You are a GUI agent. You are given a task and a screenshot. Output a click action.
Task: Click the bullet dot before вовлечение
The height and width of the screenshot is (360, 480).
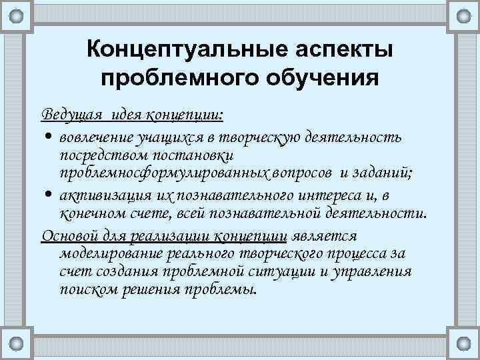(49, 137)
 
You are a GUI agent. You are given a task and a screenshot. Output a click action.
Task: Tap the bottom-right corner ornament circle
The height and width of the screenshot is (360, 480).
(462, 344)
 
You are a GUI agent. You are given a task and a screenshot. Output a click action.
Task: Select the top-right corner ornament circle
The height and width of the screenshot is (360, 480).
(462, 15)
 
